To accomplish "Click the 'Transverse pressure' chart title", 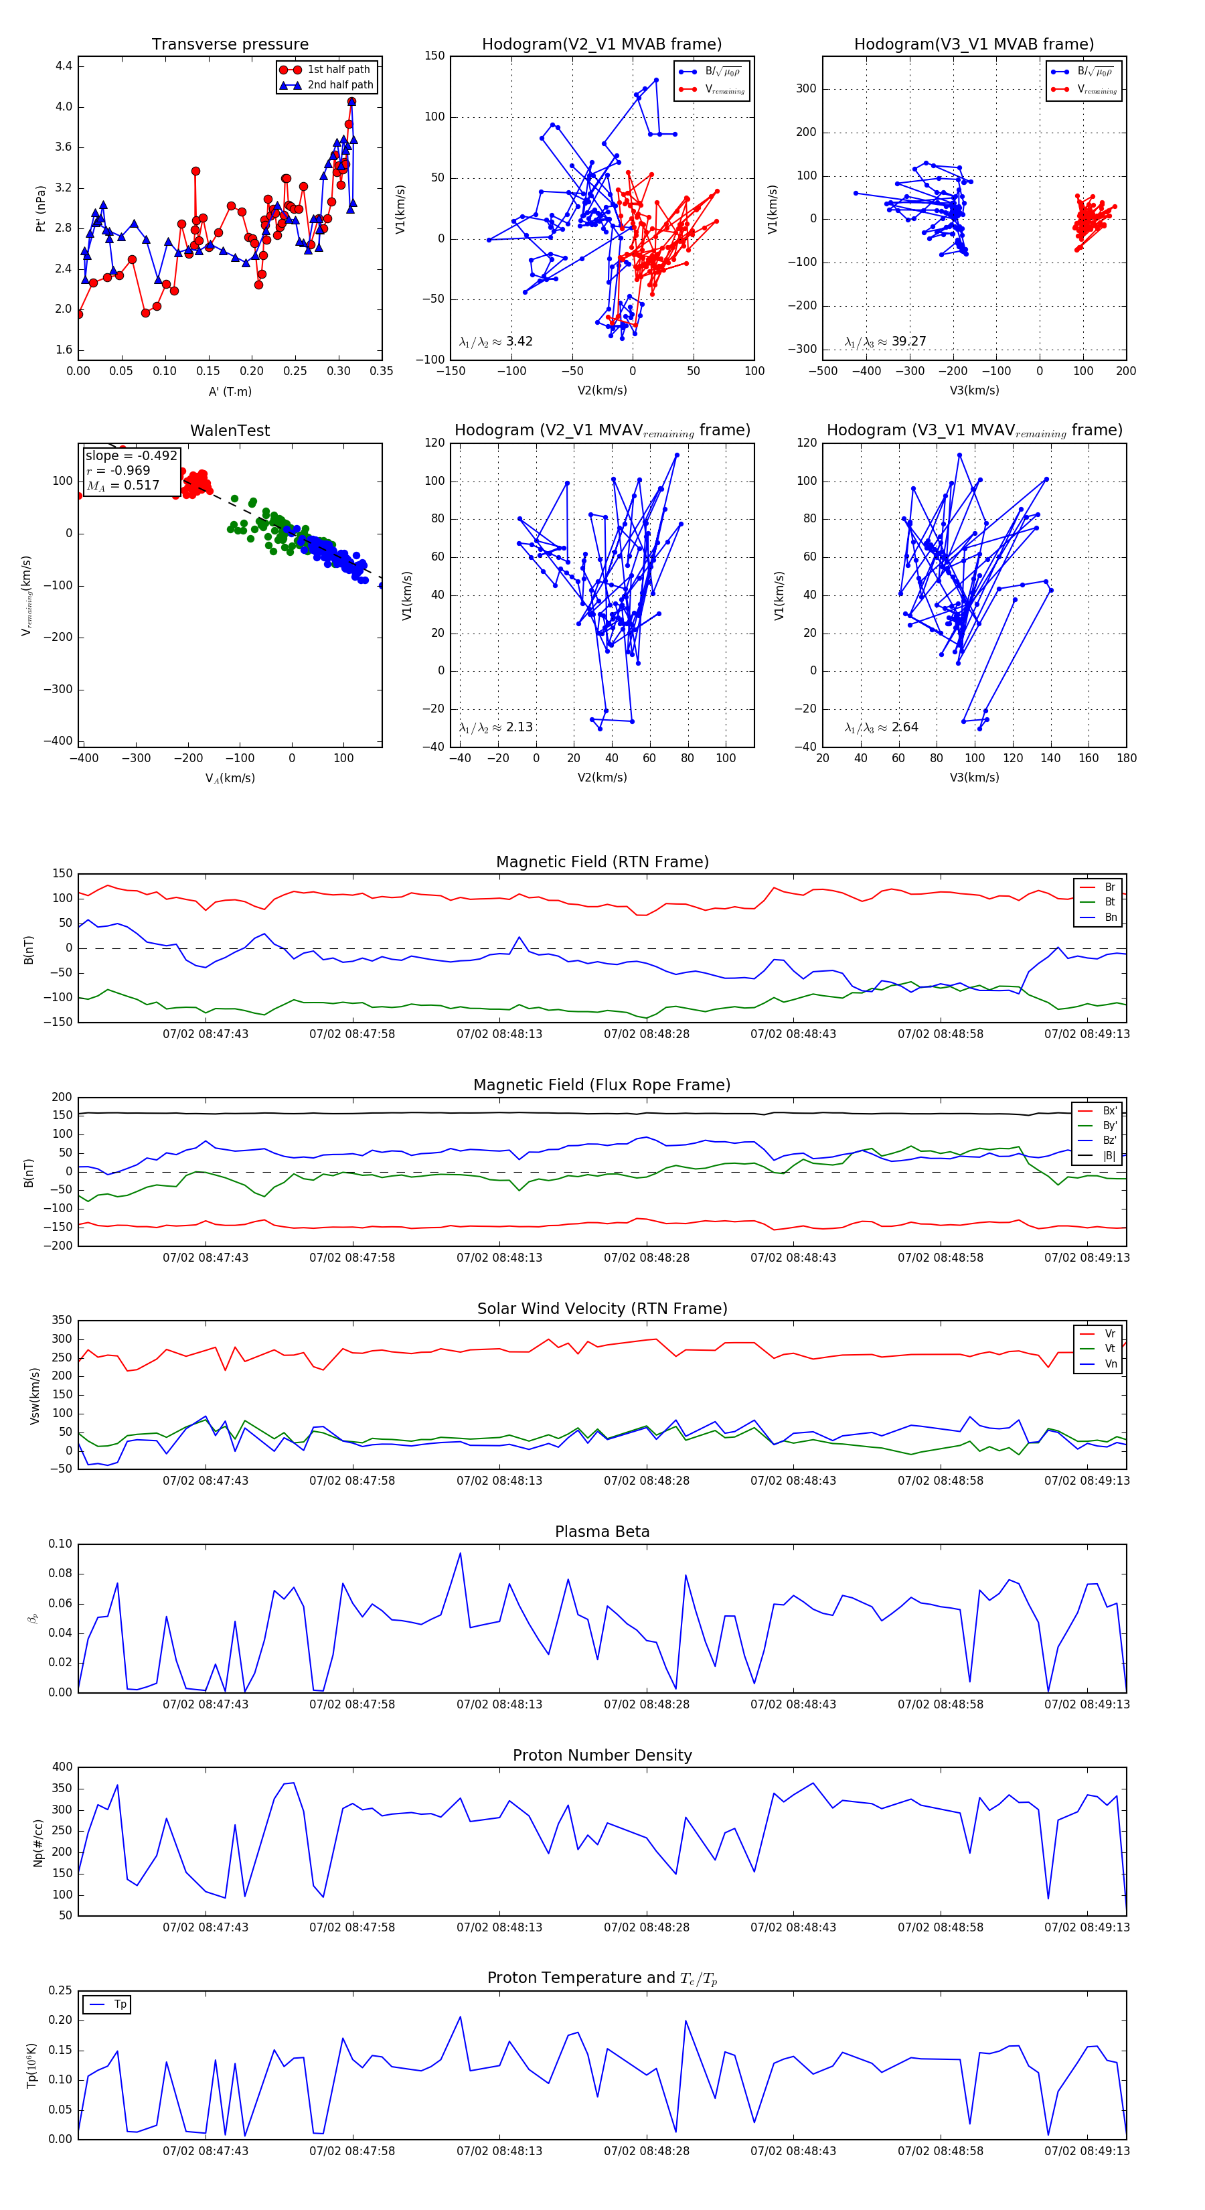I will click(x=230, y=45).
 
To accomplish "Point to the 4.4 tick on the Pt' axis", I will click(x=63, y=66).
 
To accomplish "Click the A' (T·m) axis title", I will click(x=230, y=391).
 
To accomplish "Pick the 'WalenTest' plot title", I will click(x=230, y=431).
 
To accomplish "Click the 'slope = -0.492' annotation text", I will click(x=131, y=455).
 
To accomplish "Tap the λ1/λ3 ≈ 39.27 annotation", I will click(x=884, y=342).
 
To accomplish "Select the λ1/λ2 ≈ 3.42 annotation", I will click(x=495, y=342).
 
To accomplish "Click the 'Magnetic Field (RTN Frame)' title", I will click(x=602, y=862).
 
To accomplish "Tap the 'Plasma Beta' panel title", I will click(x=602, y=1532).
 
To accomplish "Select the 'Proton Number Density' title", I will click(x=602, y=1755).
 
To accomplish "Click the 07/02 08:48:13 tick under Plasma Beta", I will click(x=499, y=1704).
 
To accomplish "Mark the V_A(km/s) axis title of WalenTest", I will click(x=230, y=778).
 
